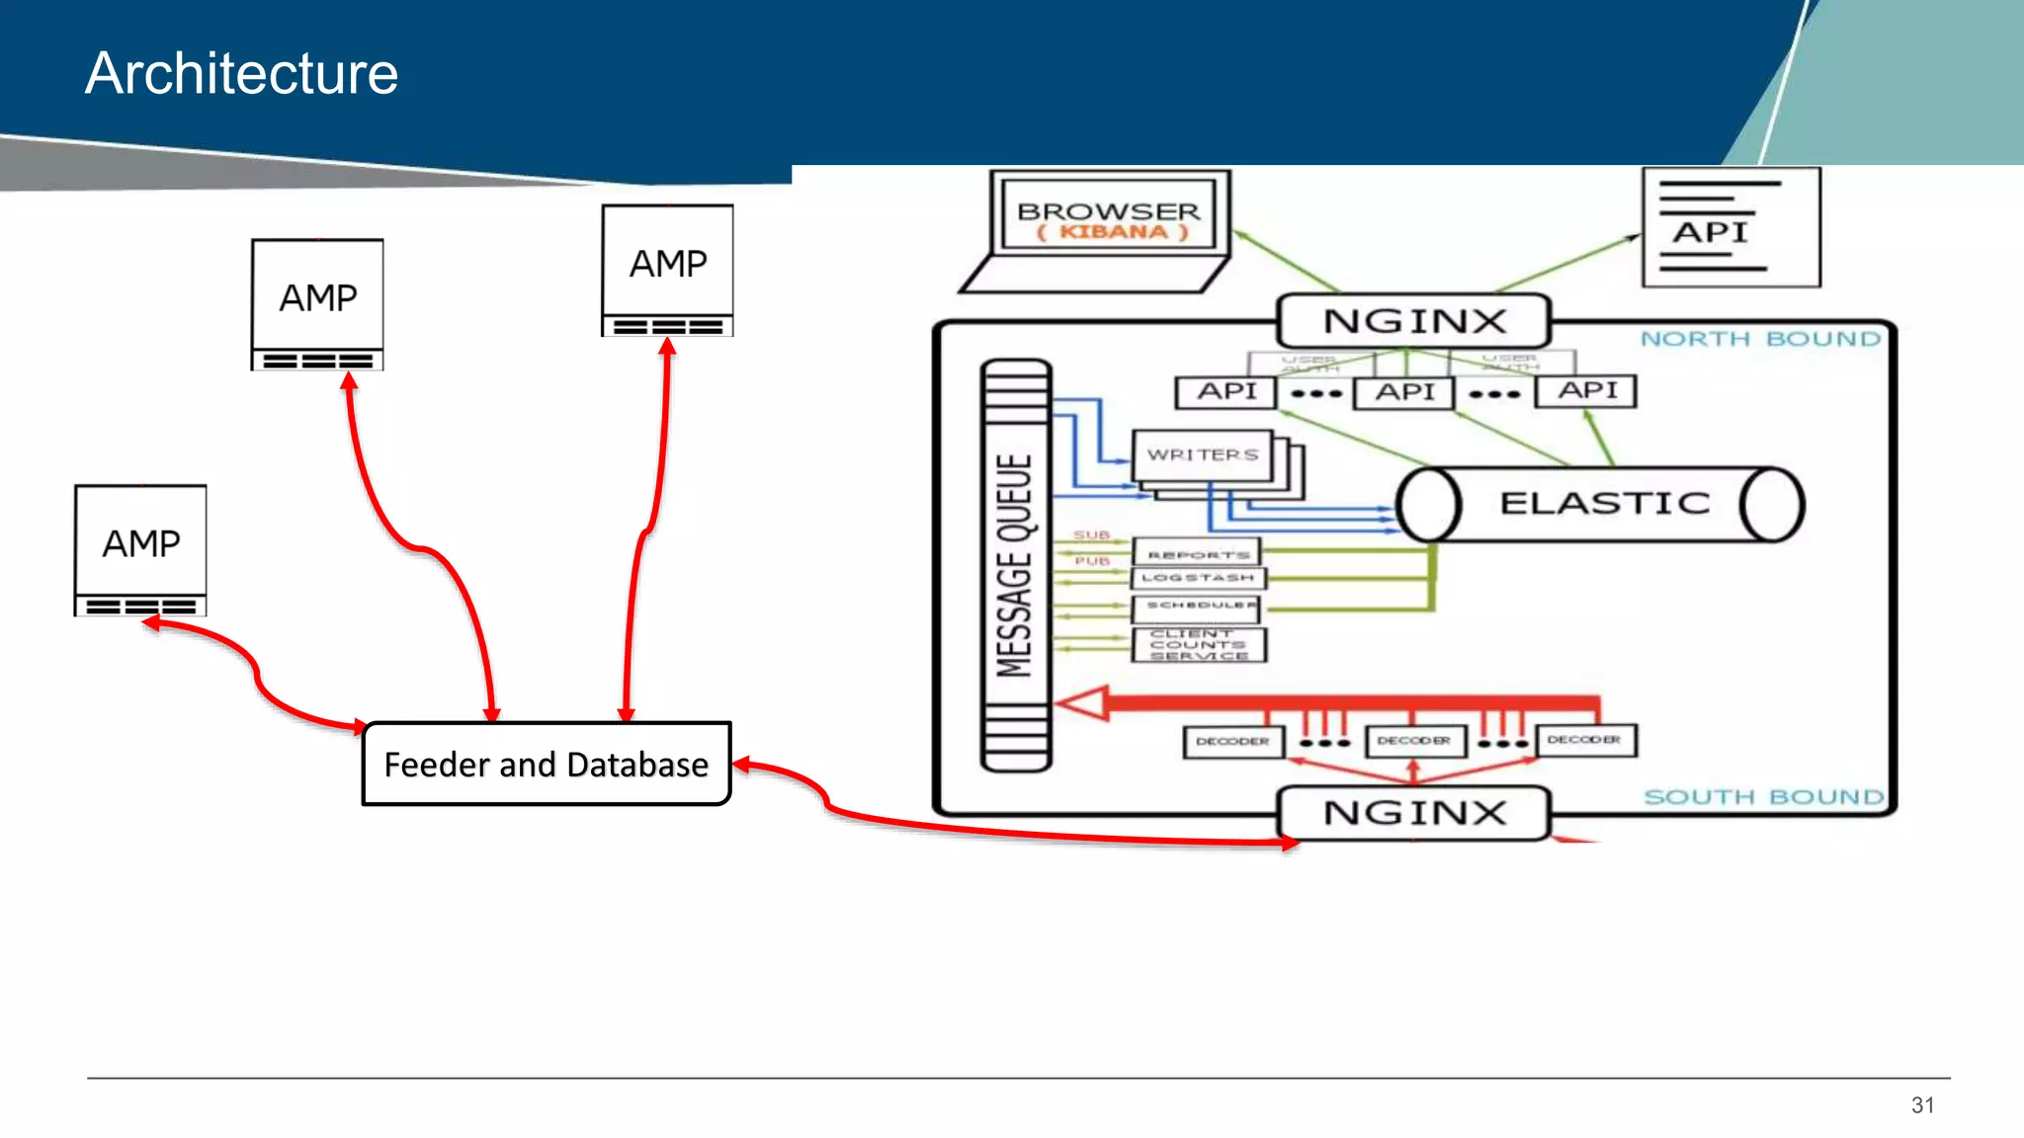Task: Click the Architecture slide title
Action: click(241, 73)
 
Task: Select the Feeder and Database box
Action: click(546, 764)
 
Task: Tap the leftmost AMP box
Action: click(140, 549)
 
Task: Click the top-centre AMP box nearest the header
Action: click(668, 270)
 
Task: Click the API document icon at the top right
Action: click(1730, 227)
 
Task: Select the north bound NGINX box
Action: click(1413, 321)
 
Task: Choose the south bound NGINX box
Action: click(1413, 813)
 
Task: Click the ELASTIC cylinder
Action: click(1601, 504)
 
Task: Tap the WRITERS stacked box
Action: click(1203, 455)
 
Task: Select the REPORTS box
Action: click(1198, 553)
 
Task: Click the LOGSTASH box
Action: click(1198, 578)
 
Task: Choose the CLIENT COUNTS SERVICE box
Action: click(1198, 644)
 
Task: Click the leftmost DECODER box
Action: click(1232, 741)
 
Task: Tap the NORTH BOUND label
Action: click(1760, 339)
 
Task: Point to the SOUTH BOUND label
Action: click(1763, 796)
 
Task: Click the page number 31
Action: click(1922, 1105)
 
